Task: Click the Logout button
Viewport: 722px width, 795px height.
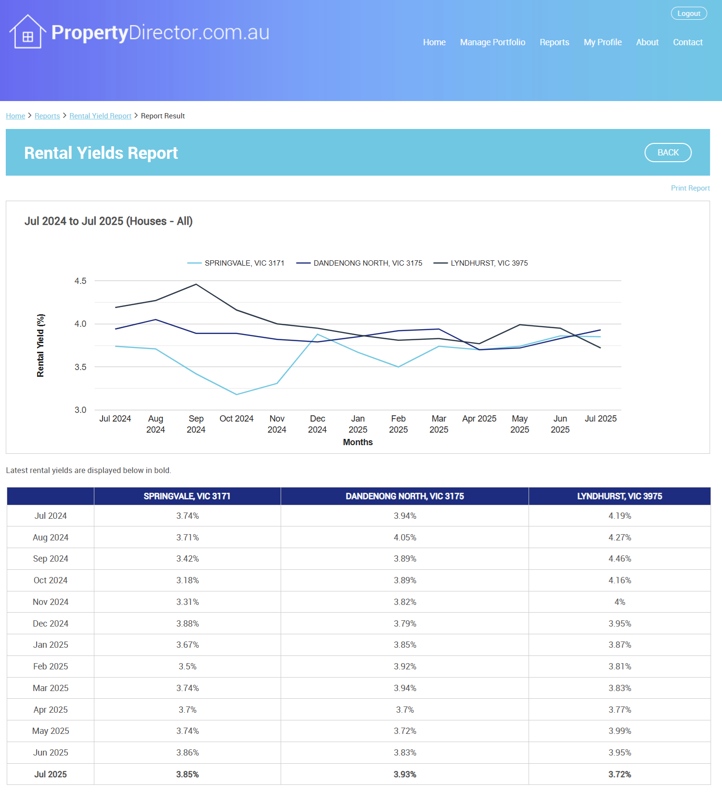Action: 689,13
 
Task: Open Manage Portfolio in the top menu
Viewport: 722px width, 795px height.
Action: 492,42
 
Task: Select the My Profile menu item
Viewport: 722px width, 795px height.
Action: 603,42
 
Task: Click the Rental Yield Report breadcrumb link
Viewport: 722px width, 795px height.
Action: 100,116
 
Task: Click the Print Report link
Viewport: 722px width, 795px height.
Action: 690,188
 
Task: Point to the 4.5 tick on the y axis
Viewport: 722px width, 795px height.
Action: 80,281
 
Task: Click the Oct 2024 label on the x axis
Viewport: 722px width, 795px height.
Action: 236,419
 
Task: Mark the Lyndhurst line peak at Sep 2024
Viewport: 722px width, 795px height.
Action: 196,284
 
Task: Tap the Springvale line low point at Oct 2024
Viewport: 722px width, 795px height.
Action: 236,395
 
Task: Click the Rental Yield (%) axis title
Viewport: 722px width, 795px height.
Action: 41,345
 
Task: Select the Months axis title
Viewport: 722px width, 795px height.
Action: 358,442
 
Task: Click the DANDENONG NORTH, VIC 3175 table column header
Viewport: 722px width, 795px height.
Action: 404,496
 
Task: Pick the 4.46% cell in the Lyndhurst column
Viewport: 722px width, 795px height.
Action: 619,559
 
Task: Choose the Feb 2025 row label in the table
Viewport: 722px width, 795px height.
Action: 51,667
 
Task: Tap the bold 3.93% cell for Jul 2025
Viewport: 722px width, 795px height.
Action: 405,774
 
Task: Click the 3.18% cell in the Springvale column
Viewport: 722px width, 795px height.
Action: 187,580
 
